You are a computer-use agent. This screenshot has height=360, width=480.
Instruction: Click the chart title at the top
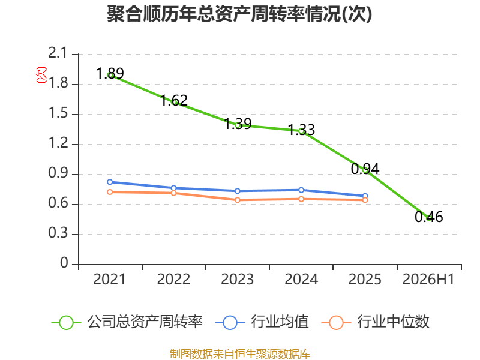239,14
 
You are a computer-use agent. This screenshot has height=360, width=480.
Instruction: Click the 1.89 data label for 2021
110,73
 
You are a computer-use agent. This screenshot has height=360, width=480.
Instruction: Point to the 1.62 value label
174,100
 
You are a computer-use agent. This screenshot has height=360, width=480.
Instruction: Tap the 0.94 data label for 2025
365,169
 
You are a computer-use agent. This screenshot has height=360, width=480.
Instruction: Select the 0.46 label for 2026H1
429,217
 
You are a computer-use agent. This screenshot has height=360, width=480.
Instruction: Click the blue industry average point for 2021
110,182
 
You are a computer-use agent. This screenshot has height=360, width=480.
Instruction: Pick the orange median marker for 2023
238,200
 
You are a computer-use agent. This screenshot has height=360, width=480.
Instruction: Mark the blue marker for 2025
365,196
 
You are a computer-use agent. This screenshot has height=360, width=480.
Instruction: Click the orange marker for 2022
173,193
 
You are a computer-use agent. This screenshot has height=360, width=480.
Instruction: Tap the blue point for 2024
301,190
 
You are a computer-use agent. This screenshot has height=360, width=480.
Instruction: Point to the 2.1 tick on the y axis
58,53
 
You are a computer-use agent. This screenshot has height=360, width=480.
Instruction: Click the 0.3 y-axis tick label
58,233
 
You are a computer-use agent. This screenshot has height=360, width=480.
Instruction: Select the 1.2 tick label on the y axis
58,143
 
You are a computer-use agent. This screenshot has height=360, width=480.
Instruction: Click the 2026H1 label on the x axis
428,280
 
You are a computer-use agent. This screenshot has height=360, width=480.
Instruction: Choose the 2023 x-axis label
238,280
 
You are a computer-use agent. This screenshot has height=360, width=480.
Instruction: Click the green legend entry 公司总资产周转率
127,322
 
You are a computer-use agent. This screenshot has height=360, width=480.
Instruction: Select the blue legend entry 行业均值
262,322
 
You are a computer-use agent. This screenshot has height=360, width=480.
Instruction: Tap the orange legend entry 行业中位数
376,322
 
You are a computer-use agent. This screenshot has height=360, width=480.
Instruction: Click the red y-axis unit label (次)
41,75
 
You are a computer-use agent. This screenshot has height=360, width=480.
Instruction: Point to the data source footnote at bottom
240,354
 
